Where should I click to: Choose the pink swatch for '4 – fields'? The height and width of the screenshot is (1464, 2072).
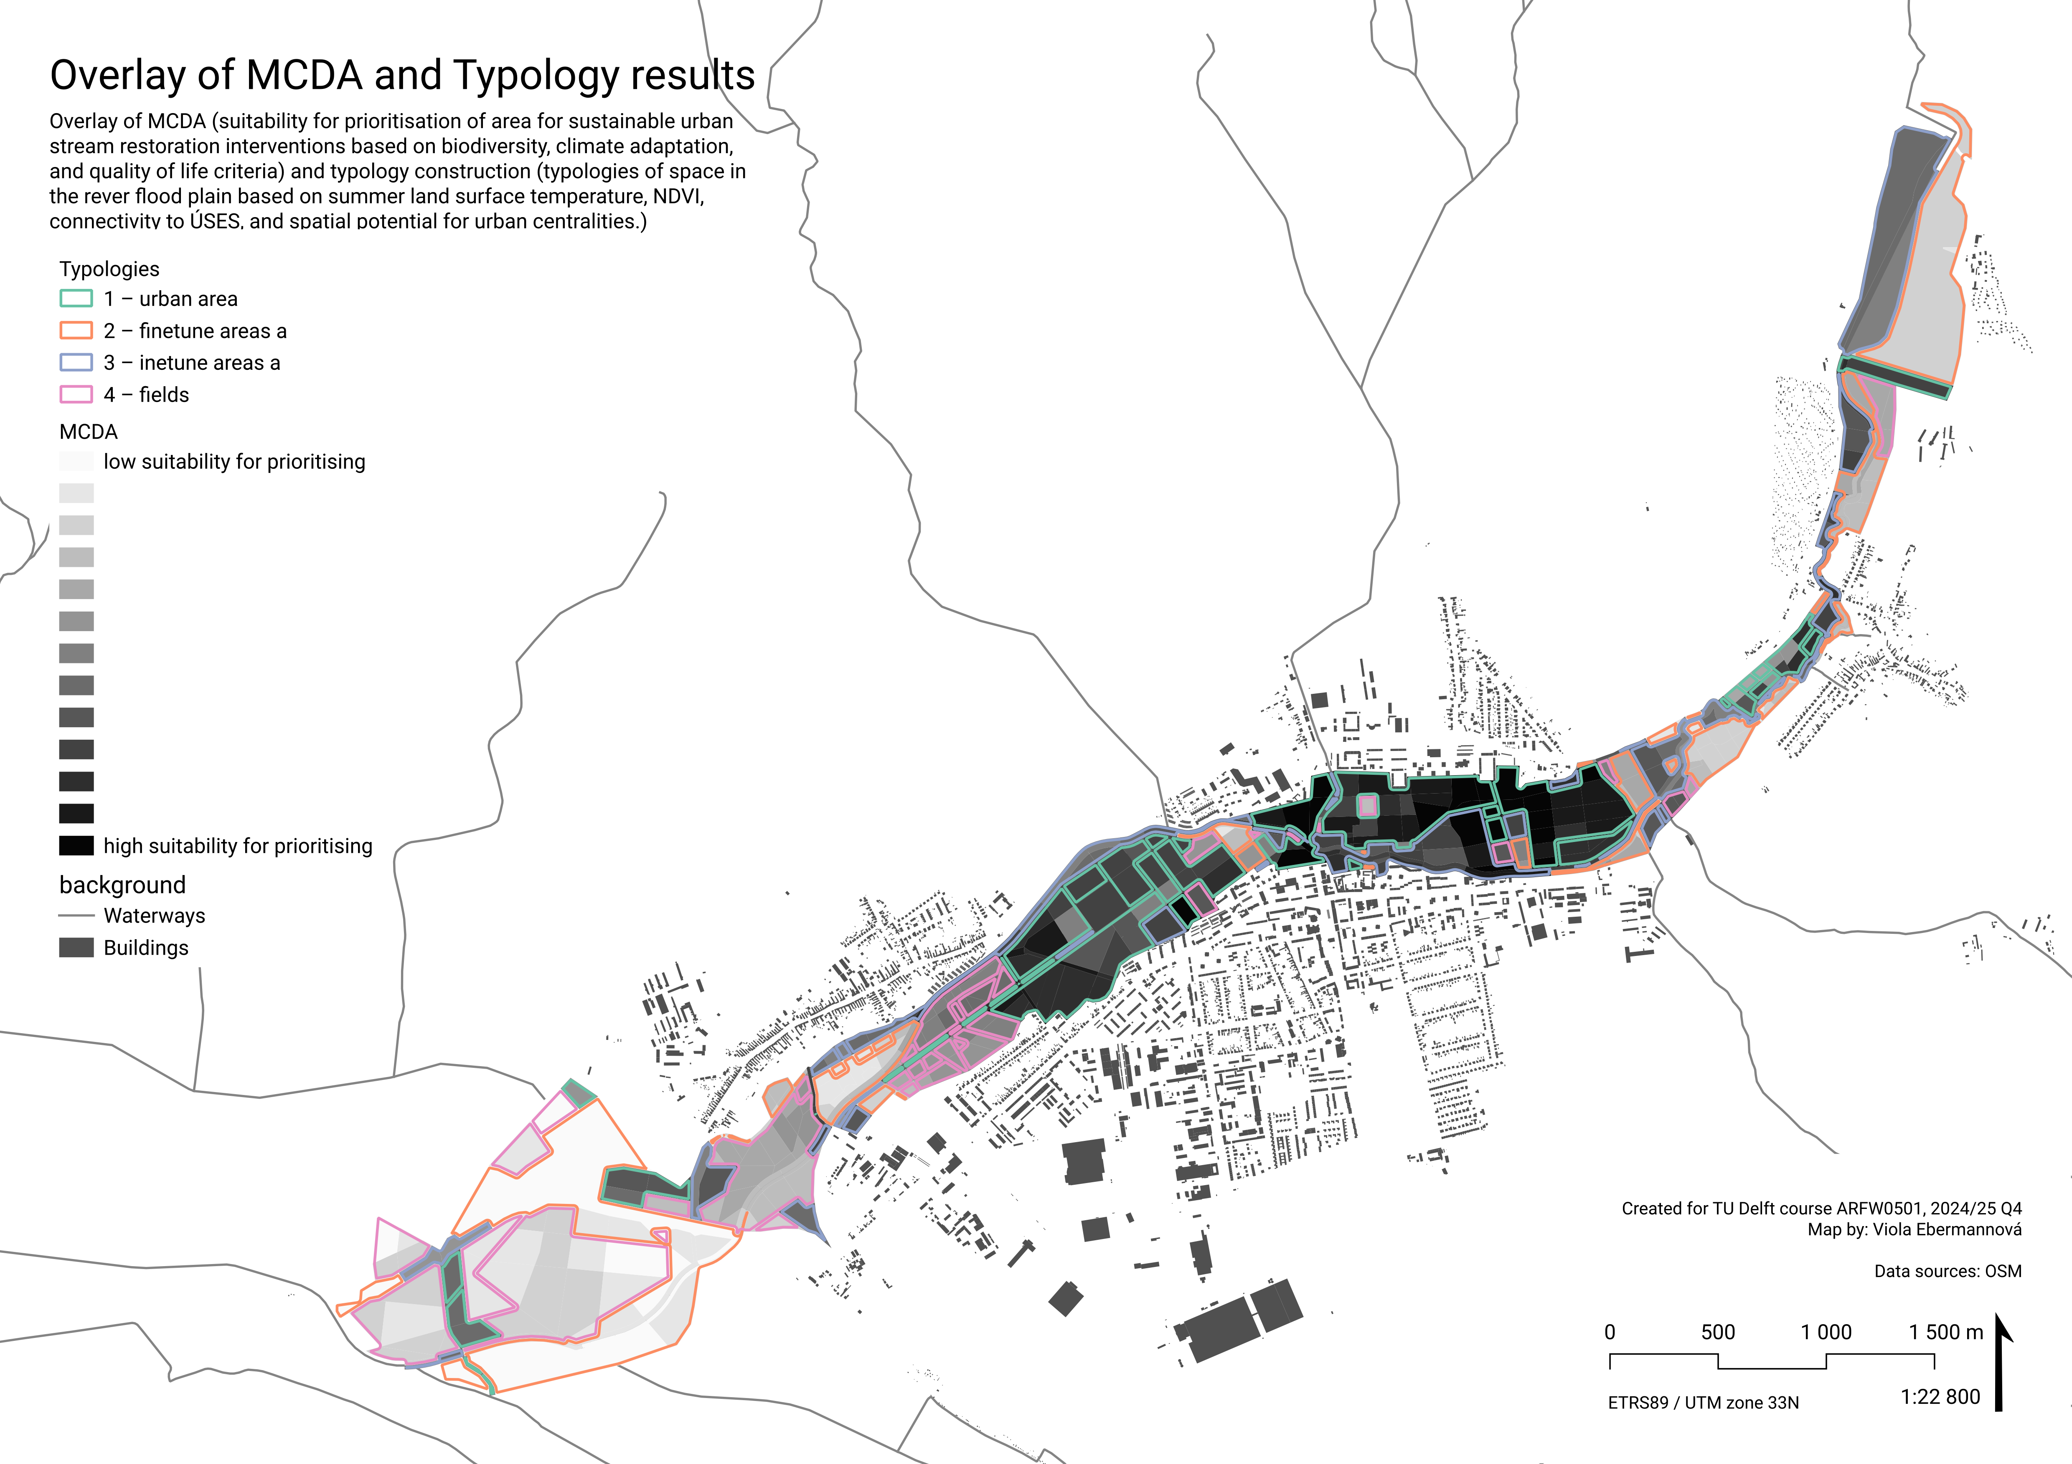[76, 394]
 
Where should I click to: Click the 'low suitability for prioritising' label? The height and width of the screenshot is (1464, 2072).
[235, 462]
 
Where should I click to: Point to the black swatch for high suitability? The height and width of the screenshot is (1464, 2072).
[76, 845]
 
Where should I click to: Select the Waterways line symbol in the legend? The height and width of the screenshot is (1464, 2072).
[76, 915]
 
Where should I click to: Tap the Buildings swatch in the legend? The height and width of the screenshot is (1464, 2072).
[76, 947]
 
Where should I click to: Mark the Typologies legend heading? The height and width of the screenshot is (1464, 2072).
[109, 269]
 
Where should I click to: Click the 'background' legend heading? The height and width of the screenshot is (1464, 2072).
[123, 885]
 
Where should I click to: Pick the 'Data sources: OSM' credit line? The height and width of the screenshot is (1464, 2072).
[1948, 1271]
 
